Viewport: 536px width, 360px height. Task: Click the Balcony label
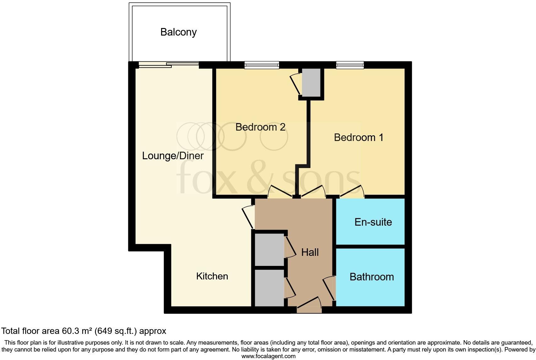[x=178, y=32]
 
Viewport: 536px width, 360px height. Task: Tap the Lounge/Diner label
[x=173, y=156]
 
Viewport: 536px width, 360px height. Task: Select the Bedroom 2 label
[x=260, y=127]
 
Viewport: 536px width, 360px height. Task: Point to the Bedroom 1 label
[x=358, y=138]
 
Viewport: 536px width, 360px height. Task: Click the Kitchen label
[x=212, y=276]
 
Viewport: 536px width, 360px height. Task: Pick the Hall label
[x=310, y=252]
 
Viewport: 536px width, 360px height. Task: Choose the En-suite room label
[x=373, y=222]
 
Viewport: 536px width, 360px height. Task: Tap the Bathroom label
[x=371, y=277]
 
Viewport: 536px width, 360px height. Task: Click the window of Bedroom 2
[x=262, y=65]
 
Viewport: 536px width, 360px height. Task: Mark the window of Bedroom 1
[x=350, y=65]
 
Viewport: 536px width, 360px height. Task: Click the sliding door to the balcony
[x=169, y=65]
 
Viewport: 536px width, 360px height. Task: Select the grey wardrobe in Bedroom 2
[x=311, y=82]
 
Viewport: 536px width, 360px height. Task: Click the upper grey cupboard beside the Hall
[x=269, y=250]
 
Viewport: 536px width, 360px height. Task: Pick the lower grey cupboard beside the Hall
[x=269, y=288]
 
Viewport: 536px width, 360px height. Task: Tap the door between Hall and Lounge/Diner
[x=249, y=217]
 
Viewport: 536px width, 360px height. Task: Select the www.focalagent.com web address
[x=268, y=356]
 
